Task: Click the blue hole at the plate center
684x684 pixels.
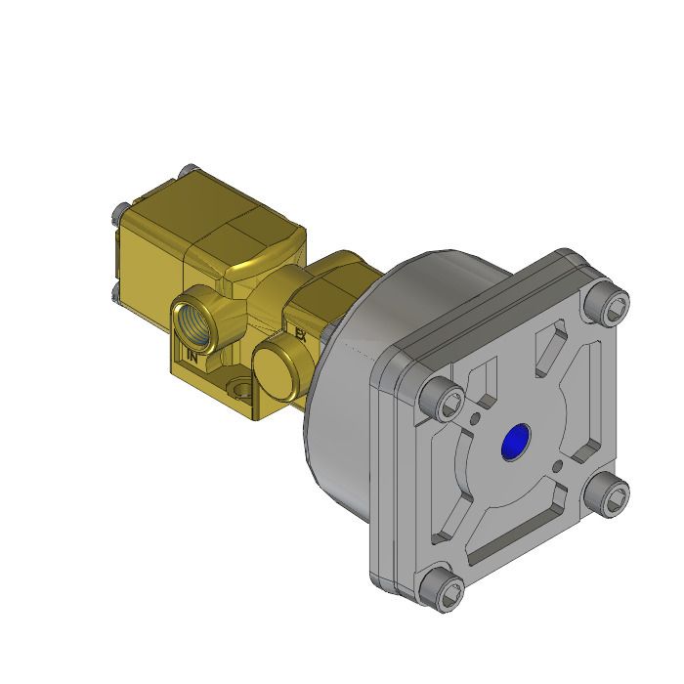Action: (x=513, y=443)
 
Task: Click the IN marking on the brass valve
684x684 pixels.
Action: (x=192, y=357)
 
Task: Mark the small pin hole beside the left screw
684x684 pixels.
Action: (x=475, y=419)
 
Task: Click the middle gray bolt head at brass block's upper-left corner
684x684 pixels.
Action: (x=119, y=211)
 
